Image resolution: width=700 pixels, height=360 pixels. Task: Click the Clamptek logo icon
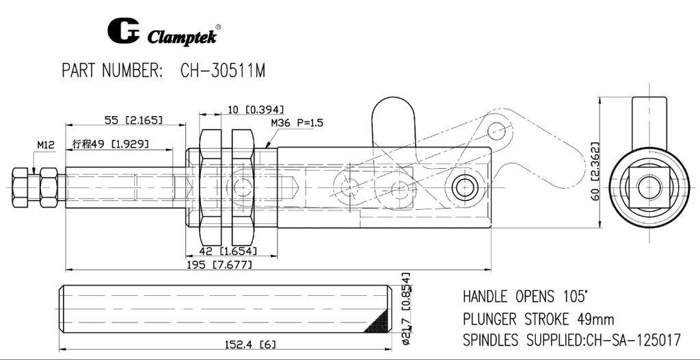pyautogui.click(x=123, y=31)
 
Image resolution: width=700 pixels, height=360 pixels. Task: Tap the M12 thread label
pyautogui.click(x=46, y=144)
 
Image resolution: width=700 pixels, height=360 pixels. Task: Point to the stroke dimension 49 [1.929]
pyautogui.click(x=111, y=144)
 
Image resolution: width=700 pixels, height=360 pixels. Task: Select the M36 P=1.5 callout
pyautogui.click(x=297, y=123)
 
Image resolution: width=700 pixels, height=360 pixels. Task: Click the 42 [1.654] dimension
pyautogui.click(x=226, y=251)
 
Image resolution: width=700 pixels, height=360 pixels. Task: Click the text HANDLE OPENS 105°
pyautogui.click(x=525, y=297)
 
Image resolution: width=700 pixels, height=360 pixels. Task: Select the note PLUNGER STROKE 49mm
pyautogui.click(x=538, y=319)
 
